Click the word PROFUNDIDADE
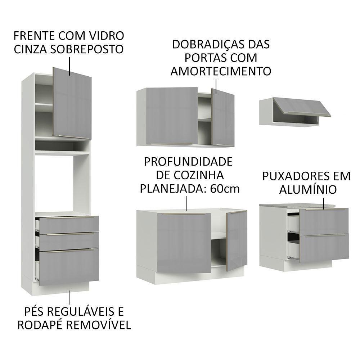pyautogui.click(x=188, y=161)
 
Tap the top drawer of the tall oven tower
pyautogui.click(x=68, y=224)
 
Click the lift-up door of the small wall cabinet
pyautogui.click(x=302, y=107)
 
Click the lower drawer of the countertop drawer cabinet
pyautogui.click(x=324, y=248)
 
